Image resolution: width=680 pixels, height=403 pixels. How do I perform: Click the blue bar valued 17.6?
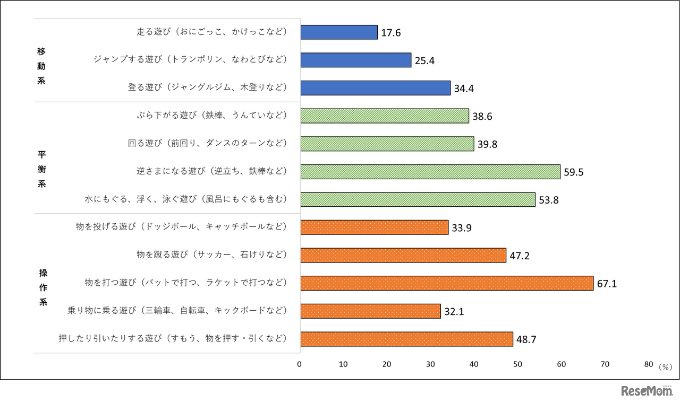coord(339,32)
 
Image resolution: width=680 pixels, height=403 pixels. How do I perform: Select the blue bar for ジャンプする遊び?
coord(356,60)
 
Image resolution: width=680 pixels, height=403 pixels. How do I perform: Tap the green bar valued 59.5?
coord(430,172)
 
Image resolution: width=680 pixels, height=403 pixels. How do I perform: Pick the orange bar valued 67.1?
coord(447,283)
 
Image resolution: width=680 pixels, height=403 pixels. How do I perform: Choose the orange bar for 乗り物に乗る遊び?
coord(370,311)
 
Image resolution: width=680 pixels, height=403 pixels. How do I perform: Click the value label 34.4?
coord(464,89)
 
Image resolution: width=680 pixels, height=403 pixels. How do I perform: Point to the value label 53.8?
coord(548,200)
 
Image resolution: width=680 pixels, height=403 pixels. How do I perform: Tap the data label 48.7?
coord(526,340)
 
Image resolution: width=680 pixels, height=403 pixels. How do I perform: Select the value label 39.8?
coord(487,145)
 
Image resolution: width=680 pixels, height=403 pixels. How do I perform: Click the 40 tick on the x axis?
coord(474,364)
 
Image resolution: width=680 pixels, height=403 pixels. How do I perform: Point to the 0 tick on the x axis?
coord(300,364)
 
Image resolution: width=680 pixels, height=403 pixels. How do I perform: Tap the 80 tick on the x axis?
coord(648,364)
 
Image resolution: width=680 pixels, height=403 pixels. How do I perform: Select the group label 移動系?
coord(42,66)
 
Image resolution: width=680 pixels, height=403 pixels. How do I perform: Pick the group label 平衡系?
coord(42,170)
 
